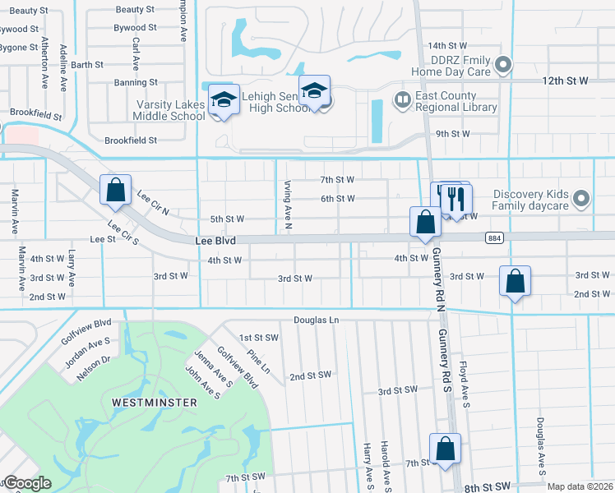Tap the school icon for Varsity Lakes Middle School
pos(223,99)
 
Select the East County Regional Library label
pos(456,101)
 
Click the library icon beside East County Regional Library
pos(402,100)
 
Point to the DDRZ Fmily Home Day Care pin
pos(505,64)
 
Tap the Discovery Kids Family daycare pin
pos(581,198)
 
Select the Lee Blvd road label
pos(216,241)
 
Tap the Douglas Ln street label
pos(317,320)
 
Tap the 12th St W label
pos(566,81)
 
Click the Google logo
pos(27,483)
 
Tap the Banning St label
pos(136,83)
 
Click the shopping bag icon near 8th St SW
pos(445,449)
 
